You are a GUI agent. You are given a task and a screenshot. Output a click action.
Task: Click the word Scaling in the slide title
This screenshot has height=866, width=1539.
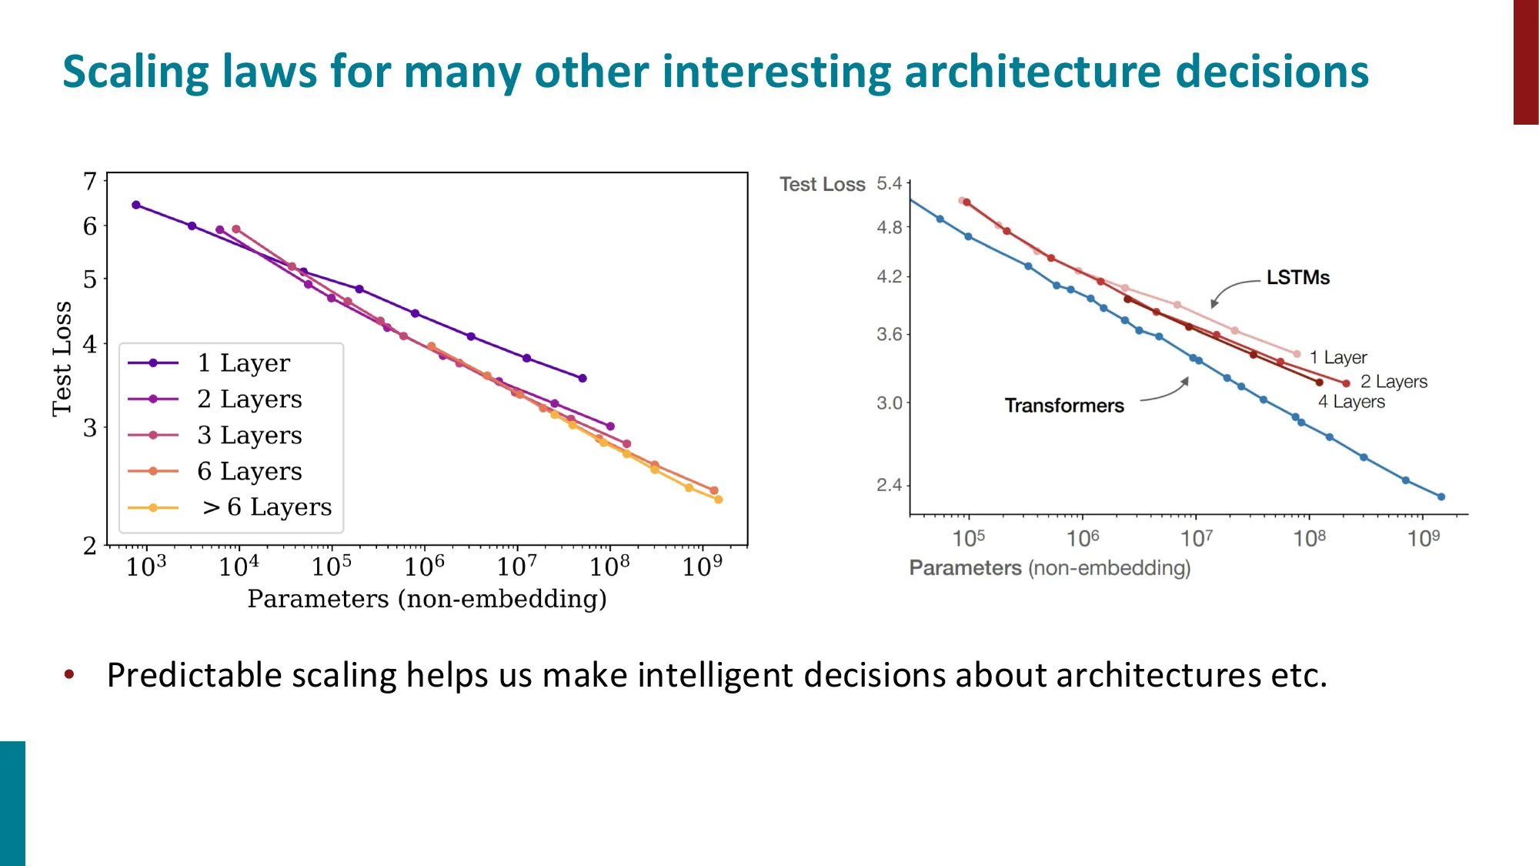135,72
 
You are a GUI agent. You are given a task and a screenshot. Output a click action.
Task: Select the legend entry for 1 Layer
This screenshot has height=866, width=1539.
243,363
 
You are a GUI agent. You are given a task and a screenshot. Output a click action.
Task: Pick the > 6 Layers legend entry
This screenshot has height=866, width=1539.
266,507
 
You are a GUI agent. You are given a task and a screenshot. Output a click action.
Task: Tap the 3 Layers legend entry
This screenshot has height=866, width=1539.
249,435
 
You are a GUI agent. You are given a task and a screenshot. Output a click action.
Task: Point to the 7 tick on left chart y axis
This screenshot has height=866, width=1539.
90,182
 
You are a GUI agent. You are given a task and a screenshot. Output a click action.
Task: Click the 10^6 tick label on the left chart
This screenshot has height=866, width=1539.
424,567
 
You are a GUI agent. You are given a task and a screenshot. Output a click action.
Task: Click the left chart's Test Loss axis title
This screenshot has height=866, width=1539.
62,359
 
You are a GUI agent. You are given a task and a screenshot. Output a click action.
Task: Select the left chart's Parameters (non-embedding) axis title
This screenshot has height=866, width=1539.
427,599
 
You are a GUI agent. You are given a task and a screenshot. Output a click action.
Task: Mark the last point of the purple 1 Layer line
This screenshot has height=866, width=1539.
583,378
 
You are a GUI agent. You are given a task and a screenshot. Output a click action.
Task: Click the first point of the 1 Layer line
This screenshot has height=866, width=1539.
136,205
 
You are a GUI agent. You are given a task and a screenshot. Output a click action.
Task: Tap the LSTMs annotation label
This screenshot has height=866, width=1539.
1297,278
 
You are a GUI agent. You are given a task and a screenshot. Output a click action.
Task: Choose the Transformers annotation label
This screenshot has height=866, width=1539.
1063,406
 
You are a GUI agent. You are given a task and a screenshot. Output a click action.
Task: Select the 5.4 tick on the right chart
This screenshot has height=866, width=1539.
889,184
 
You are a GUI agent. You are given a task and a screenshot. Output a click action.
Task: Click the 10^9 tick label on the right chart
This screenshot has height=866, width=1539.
1423,538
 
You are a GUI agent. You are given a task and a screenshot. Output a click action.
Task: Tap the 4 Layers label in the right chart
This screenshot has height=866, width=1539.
1351,402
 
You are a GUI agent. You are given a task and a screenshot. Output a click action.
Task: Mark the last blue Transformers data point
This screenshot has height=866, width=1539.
1441,497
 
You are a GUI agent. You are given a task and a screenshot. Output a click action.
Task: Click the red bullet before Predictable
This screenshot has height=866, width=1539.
69,675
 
